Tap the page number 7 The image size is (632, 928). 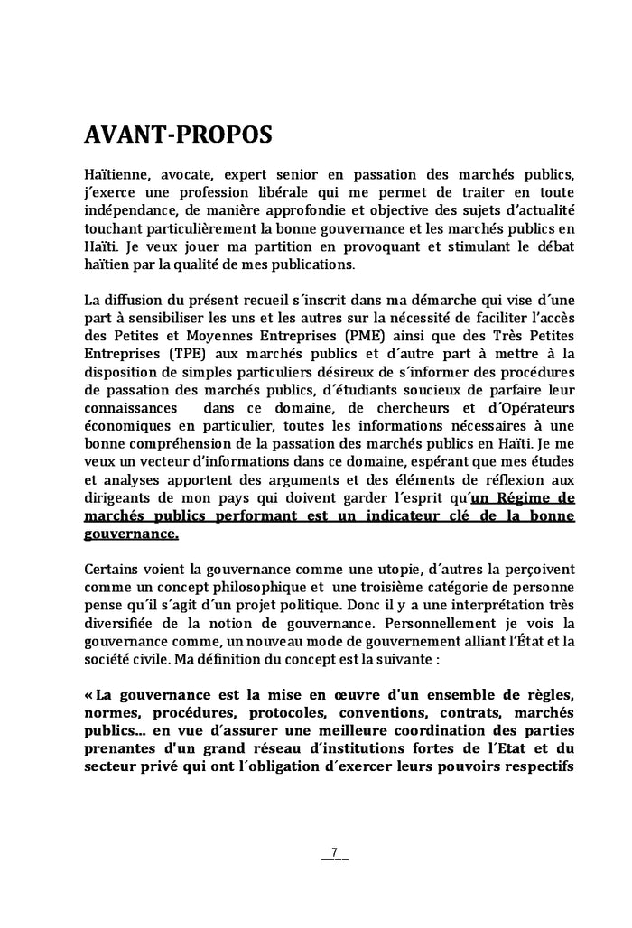click(x=334, y=852)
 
